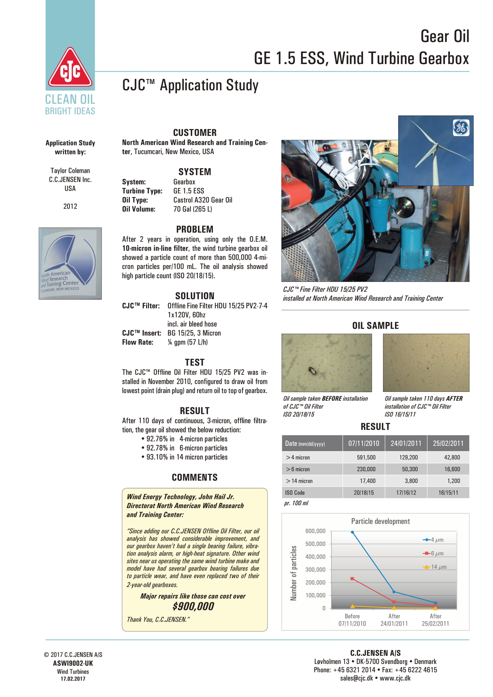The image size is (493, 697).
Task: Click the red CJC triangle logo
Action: [x=70, y=68]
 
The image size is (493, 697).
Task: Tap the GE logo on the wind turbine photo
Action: [x=461, y=128]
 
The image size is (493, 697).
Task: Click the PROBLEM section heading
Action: [x=195, y=229]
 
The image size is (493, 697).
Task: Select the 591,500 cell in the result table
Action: [x=366, y=457]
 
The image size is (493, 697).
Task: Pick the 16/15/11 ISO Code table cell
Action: [x=448, y=492]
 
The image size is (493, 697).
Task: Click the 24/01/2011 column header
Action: [x=406, y=443]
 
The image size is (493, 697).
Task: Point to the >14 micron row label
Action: [x=299, y=481]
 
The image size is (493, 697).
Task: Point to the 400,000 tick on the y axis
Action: [x=315, y=556]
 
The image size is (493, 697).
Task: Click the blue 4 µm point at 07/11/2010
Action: [x=352, y=532]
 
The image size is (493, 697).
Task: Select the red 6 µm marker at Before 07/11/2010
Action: [x=352, y=579]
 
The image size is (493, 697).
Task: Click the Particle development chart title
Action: [x=380, y=521]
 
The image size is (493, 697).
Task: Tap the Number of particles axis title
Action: [x=293, y=573]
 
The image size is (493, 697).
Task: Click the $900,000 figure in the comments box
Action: [x=193, y=606]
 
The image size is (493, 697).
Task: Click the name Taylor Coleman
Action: [x=70, y=171]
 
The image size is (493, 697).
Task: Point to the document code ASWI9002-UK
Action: [x=73, y=663]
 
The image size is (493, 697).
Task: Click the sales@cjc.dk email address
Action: [x=356, y=678]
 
